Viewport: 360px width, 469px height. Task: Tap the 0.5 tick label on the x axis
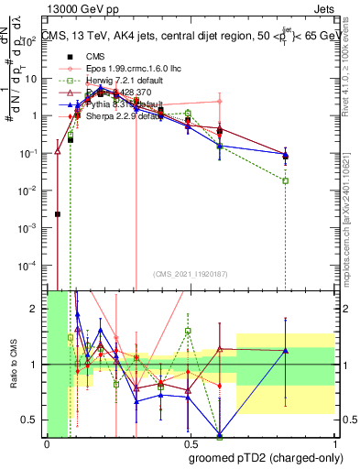[x=191, y=444]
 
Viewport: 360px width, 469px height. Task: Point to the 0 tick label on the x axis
[x=47, y=444]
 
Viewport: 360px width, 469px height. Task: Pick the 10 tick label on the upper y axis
[x=34, y=78]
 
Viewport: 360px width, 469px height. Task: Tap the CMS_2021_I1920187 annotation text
[x=191, y=273]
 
